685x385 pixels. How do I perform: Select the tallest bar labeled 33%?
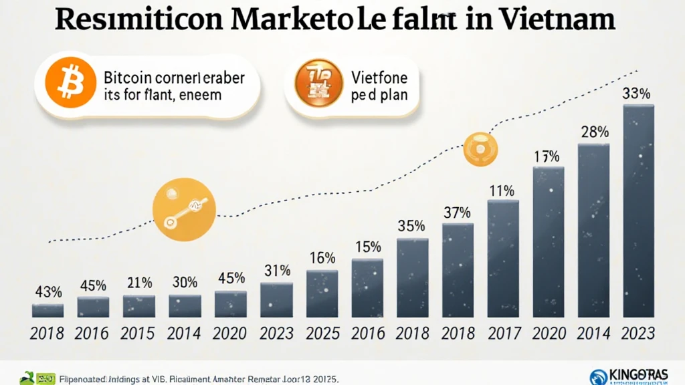pyautogui.click(x=638, y=210)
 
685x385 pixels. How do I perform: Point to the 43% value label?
pyautogui.click(x=48, y=291)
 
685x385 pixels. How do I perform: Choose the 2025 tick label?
pyautogui.click(x=322, y=333)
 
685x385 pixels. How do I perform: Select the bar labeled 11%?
pyautogui.click(x=502, y=258)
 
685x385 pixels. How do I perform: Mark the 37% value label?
pyautogui.click(x=457, y=213)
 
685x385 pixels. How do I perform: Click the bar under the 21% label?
pyautogui.click(x=139, y=305)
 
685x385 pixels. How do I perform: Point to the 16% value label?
pyautogui.click(x=322, y=257)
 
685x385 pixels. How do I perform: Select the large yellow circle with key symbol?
pyautogui.click(x=184, y=209)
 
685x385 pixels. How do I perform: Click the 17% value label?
pyautogui.click(x=547, y=157)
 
